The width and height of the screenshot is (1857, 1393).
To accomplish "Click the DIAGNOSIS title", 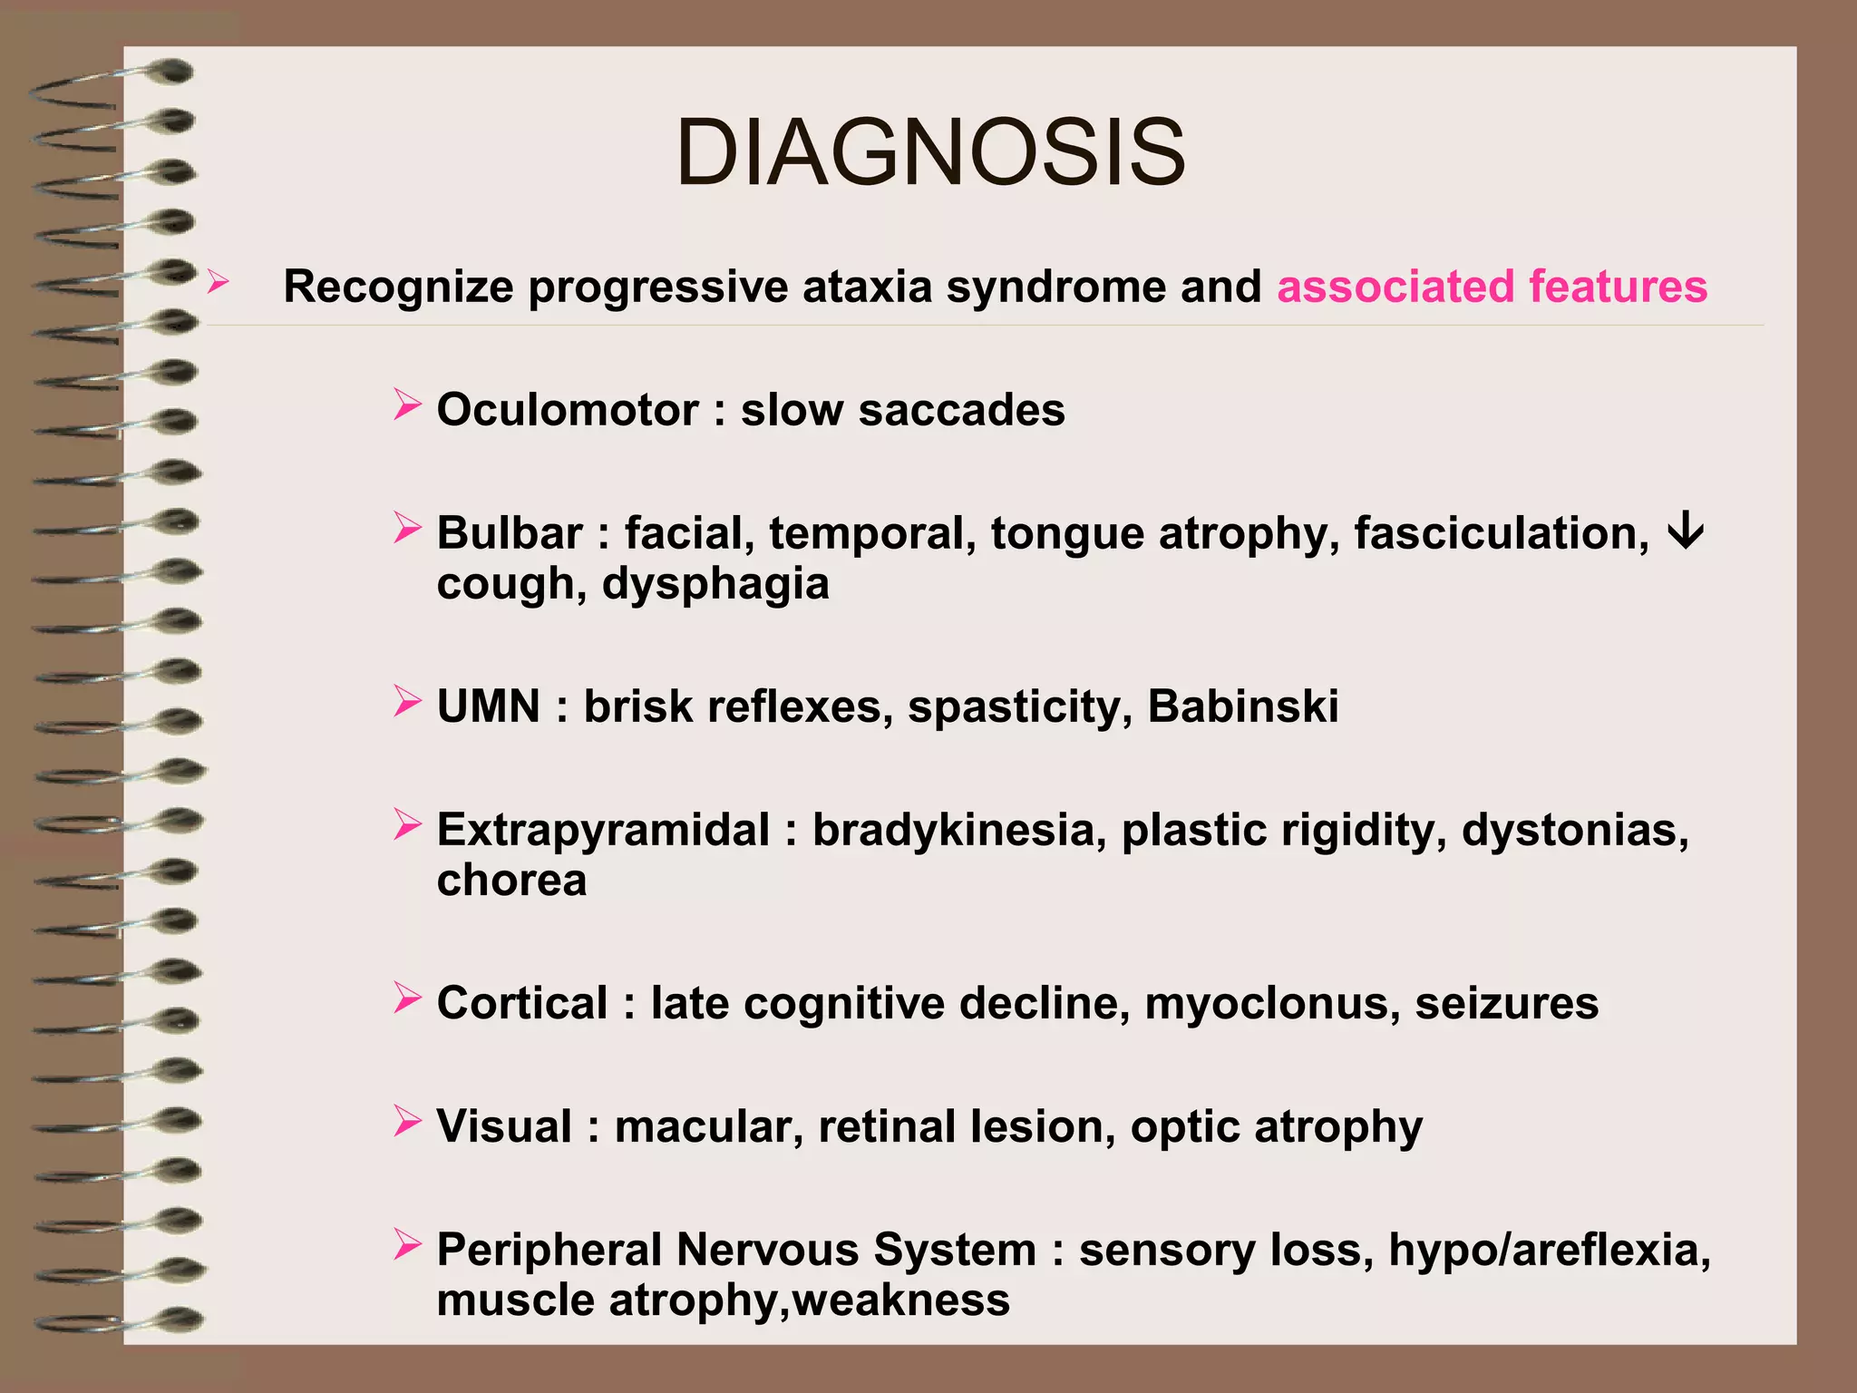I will pyautogui.click(x=930, y=152).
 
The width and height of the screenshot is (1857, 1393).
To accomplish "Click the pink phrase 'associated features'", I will pyautogui.click(x=1492, y=287).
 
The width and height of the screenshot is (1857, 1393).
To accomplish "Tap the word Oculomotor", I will pyautogui.click(x=568, y=410).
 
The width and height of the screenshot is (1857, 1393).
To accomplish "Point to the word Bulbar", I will pyautogui.click(x=510, y=533).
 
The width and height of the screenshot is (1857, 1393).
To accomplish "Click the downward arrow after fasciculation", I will pyautogui.click(x=1686, y=531).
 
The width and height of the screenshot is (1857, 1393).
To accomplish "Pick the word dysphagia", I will pyautogui.click(x=715, y=584).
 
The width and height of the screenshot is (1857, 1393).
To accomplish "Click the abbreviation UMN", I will pyautogui.click(x=489, y=706).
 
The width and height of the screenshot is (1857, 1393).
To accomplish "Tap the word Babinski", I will pyautogui.click(x=1242, y=706).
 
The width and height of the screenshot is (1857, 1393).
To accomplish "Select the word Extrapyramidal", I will pyautogui.click(x=603, y=830).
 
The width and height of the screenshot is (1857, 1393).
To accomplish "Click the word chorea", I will pyautogui.click(x=511, y=881).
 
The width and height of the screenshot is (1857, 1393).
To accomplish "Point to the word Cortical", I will pyautogui.click(x=522, y=1004).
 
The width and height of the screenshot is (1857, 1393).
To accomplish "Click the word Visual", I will pyautogui.click(x=504, y=1127).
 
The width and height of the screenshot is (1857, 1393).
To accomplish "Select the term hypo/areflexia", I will pyautogui.click(x=1549, y=1251).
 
